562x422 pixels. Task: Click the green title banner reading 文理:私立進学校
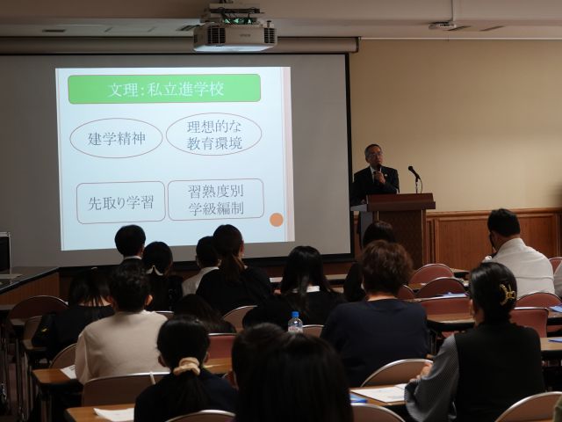coord(164,89)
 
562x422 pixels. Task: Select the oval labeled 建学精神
coord(116,138)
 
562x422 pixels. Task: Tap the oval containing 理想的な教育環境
coord(214,135)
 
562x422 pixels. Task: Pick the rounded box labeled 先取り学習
coord(121,202)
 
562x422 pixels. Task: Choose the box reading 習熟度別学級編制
coord(216,200)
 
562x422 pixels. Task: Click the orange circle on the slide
coord(277,220)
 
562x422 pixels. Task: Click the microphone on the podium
coord(414,172)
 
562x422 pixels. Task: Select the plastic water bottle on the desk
coord(295,322)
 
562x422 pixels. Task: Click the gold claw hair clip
coord(508,294)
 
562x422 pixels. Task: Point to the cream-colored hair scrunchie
coord(186,366)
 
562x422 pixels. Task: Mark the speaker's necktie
coord(376,177)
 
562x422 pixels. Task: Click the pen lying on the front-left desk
coord(152,378)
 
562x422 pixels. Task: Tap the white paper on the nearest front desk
coord(114,414)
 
